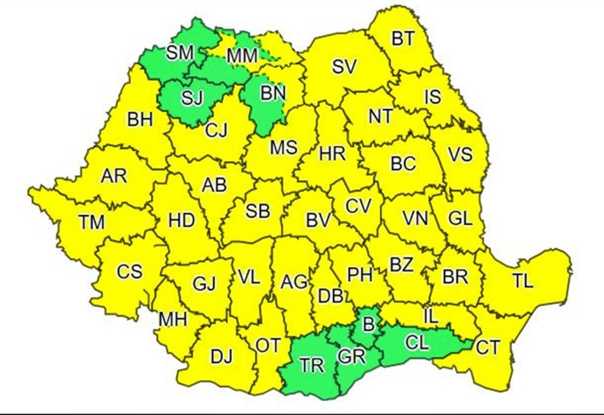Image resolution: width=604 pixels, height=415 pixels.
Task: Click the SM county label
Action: [x=179, y=52]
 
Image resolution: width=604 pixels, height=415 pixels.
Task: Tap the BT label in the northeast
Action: [x=403, y=39]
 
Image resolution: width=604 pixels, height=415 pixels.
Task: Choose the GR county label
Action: [x=353, y=357]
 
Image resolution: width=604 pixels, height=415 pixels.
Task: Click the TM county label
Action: [x=92, y=222]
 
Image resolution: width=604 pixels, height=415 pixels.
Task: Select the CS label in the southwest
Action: [x=130, y=271]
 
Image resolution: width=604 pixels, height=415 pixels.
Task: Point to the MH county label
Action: [x=173, y=319]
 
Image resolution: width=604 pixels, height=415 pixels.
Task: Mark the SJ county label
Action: [x=192, y=97]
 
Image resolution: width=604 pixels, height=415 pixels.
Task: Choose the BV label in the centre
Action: [x=319, y=221]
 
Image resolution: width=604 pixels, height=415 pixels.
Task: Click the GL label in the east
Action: [x=459, y=220]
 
